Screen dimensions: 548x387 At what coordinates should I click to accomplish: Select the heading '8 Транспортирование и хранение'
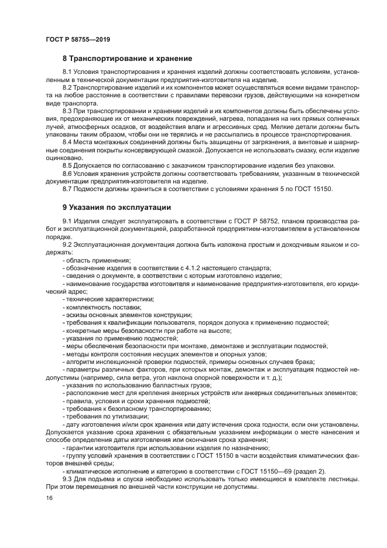pos(128,59)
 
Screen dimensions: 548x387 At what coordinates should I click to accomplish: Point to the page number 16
pos(49,498)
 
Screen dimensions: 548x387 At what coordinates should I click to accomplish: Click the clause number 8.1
pos(67,73)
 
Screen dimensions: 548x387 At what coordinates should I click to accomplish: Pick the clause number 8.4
pos(67,141)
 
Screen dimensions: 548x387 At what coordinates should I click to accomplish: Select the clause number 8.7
pos(67,189)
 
